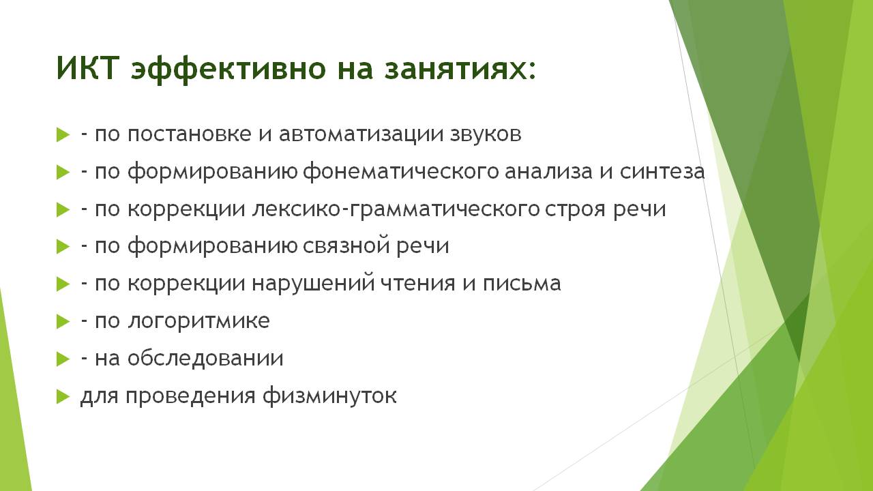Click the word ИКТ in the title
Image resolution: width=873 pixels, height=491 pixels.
click(87, 68)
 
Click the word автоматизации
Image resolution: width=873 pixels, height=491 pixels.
click(361, 135)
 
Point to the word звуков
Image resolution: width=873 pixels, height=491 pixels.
click(486, 134)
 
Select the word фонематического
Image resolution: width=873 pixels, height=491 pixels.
click(400, 172)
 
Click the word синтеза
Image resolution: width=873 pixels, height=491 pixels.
click(662, 172)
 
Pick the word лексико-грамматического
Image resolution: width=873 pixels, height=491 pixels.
click(395, 209)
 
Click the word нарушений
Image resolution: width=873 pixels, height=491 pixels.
click(313, 283)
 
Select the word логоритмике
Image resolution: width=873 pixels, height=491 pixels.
click(198, 321)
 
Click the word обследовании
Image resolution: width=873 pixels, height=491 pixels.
click(205, 358)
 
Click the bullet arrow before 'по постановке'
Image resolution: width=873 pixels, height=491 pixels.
click(63, 135)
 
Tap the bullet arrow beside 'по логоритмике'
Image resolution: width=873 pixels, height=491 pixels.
click(63, 322)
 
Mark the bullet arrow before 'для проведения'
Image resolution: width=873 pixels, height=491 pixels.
click(63, 397)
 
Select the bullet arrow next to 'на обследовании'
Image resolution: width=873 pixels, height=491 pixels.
click(63, 359)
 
